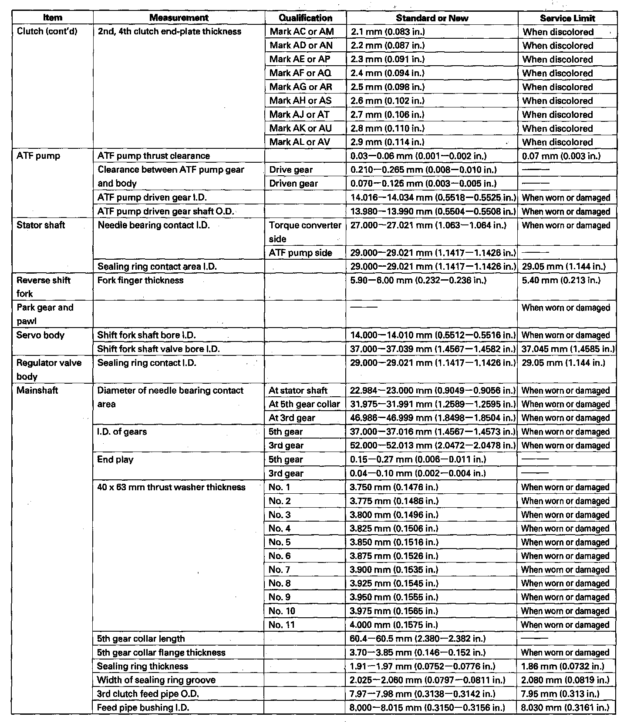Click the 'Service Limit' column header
567,18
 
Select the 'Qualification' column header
305,18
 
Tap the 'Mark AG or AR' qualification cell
300,87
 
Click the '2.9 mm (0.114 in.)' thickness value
388,142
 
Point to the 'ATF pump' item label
38,156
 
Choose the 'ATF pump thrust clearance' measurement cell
154,156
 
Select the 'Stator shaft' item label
40,225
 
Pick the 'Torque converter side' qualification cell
305,232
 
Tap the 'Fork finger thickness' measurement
140,280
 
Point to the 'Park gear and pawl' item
45,314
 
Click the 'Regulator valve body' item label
49,369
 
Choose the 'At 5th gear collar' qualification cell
304,404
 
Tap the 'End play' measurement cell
115,459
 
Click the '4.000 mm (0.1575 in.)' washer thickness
394,625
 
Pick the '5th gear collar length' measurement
141,639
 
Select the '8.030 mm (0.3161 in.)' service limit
565,708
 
